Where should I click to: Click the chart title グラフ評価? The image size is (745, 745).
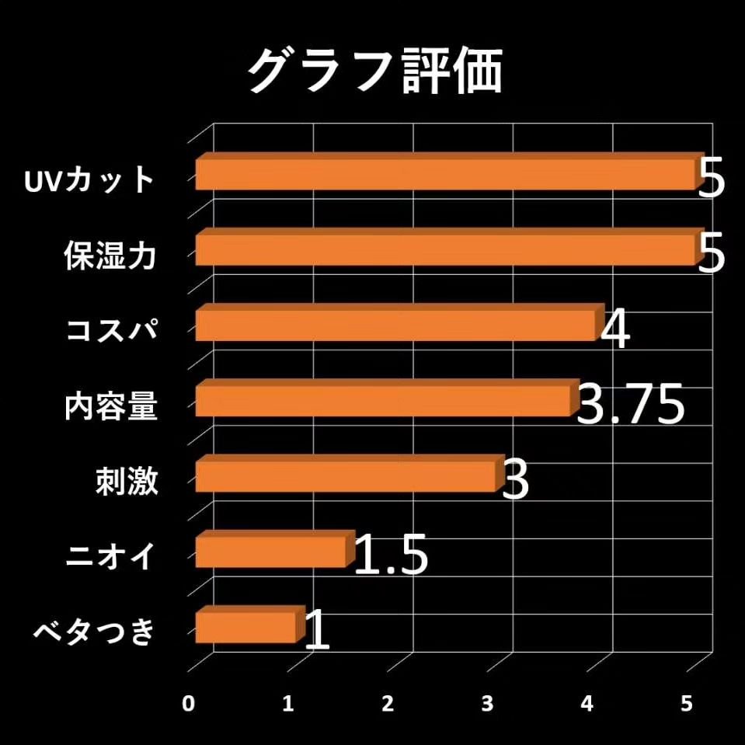375,72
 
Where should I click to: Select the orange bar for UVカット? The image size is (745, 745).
444,174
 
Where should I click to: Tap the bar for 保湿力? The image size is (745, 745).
444,249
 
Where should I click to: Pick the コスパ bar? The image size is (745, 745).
396,325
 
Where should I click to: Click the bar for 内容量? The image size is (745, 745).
384,400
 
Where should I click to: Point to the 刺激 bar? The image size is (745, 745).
346,475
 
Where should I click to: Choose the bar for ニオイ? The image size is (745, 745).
271,551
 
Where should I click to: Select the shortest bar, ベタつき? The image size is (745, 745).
246,626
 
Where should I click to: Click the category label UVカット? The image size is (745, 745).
89,181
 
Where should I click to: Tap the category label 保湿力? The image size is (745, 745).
111,256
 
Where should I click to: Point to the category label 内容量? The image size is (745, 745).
111,407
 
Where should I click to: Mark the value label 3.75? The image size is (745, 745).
631,405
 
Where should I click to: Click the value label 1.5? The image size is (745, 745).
391,555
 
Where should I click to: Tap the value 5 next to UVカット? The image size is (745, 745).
711,179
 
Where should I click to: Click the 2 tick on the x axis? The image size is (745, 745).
388,703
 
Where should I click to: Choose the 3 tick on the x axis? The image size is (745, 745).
487,703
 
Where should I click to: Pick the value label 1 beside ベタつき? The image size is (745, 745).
317,631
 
